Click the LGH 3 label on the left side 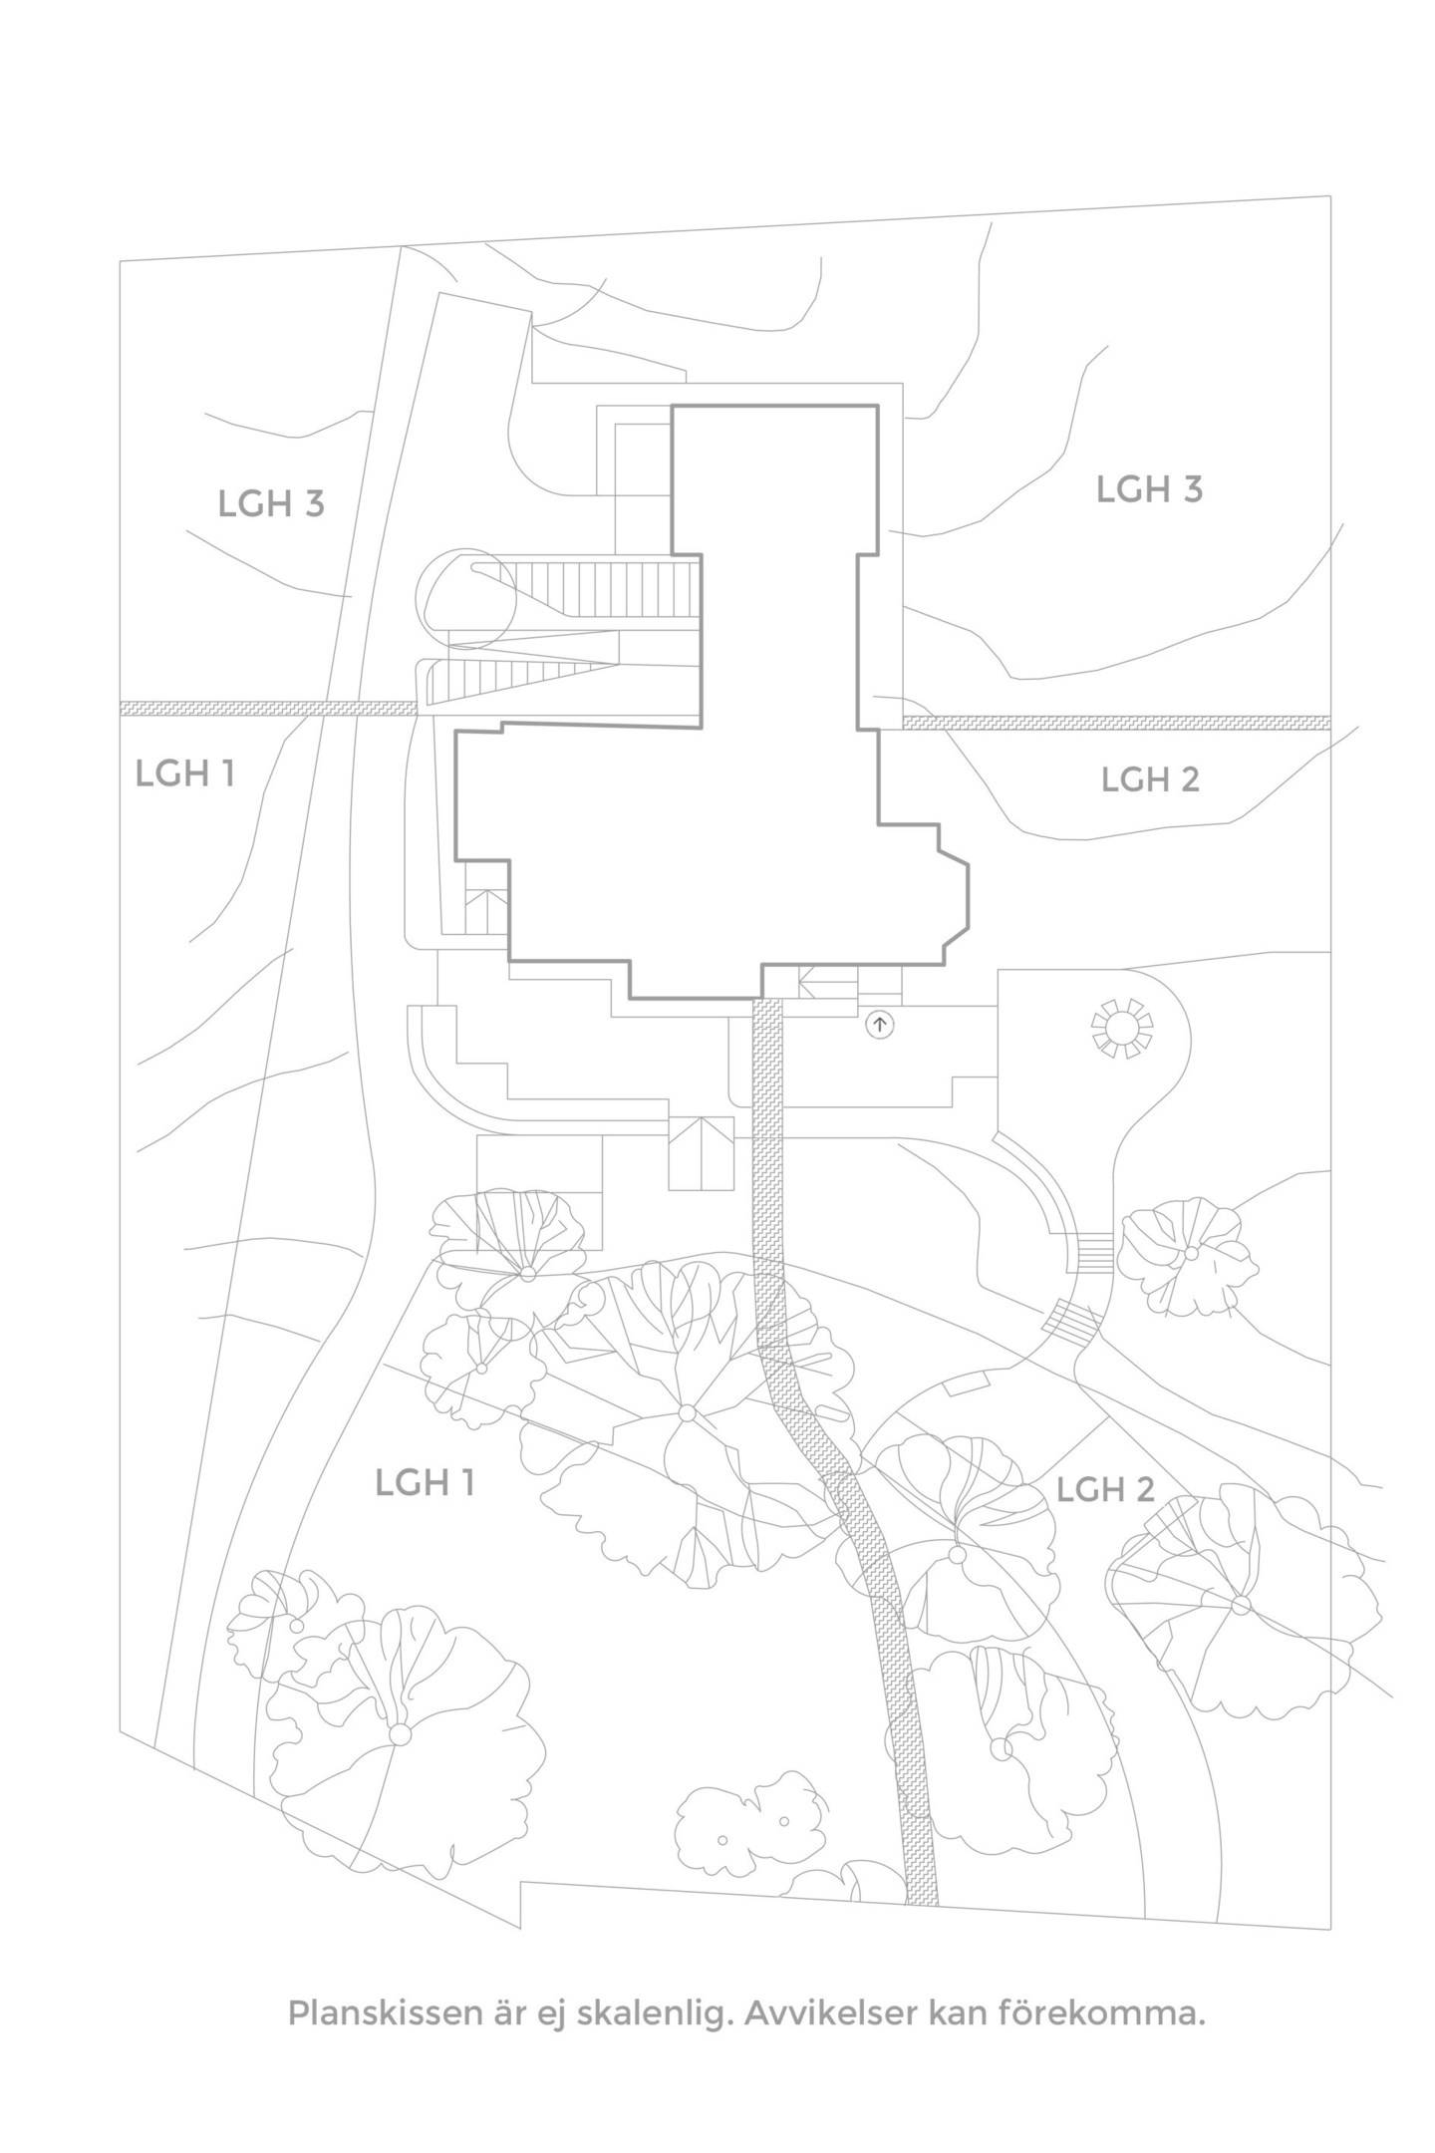pos(271,503)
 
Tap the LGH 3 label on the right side pos(1149,489)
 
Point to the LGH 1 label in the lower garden pos(425,1482)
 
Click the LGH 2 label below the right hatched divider pos(1150,778)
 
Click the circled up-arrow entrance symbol pos(879,1024)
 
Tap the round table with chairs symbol pos(1123,1027)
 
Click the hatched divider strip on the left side pos(268,708)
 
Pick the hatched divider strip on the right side pos(1116,722)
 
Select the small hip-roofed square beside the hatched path pos(701,1153)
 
